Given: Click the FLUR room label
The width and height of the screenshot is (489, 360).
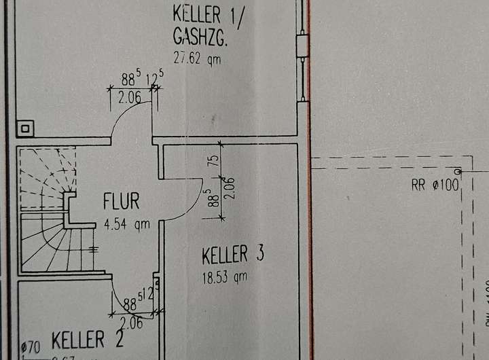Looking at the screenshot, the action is coord(122,202).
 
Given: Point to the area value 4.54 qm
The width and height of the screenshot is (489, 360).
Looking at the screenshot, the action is coord(127,223).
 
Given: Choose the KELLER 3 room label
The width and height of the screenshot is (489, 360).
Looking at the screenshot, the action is coord(233,255).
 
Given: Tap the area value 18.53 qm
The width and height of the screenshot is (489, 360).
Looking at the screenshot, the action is coord(224,277).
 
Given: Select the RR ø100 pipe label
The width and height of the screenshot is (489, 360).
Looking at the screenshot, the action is coord(435,185).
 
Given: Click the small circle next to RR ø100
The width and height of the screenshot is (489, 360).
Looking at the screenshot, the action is coord(458,171).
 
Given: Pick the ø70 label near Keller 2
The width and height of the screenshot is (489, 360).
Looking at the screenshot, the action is coord(31,347).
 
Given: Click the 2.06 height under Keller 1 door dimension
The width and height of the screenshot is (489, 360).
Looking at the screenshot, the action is coord(129,98).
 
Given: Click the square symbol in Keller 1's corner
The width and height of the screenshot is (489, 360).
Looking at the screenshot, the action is coord(26,127).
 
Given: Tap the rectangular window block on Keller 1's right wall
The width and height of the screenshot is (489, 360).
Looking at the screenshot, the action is coord(302,46).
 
